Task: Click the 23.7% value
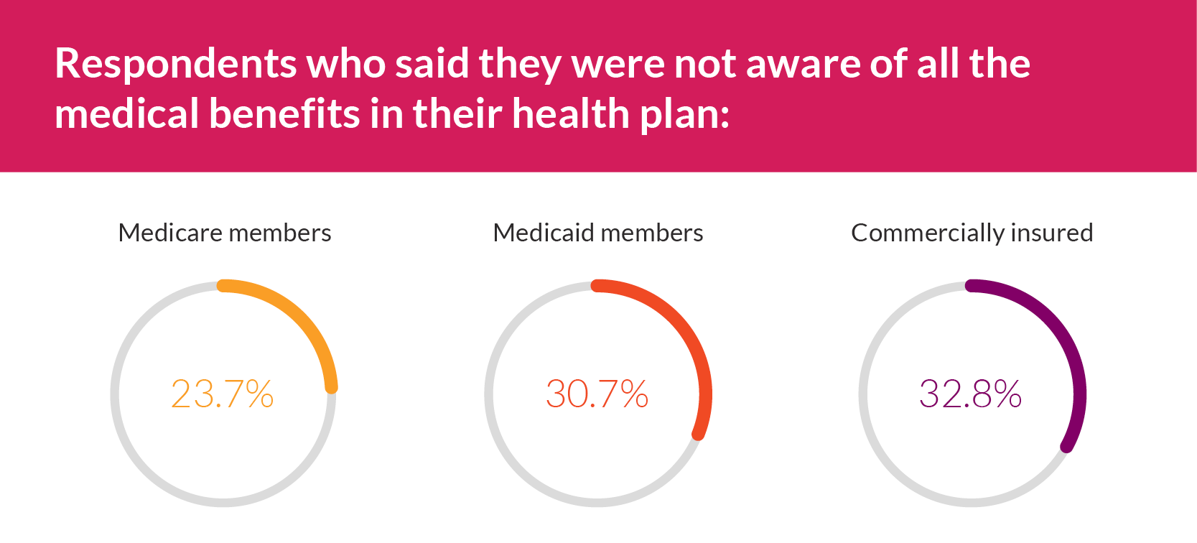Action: point(223,394)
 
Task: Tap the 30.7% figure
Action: point(597,394)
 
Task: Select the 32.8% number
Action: point(971,394)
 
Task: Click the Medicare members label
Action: point(225,233)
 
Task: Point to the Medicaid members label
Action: point(598,233)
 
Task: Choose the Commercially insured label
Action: point(972,233)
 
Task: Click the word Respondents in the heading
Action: point(175,65)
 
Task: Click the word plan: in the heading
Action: point(685,116)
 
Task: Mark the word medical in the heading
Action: point(126,114)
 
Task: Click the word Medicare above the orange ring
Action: point(170,233)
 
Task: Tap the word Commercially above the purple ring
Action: point(928,233)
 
